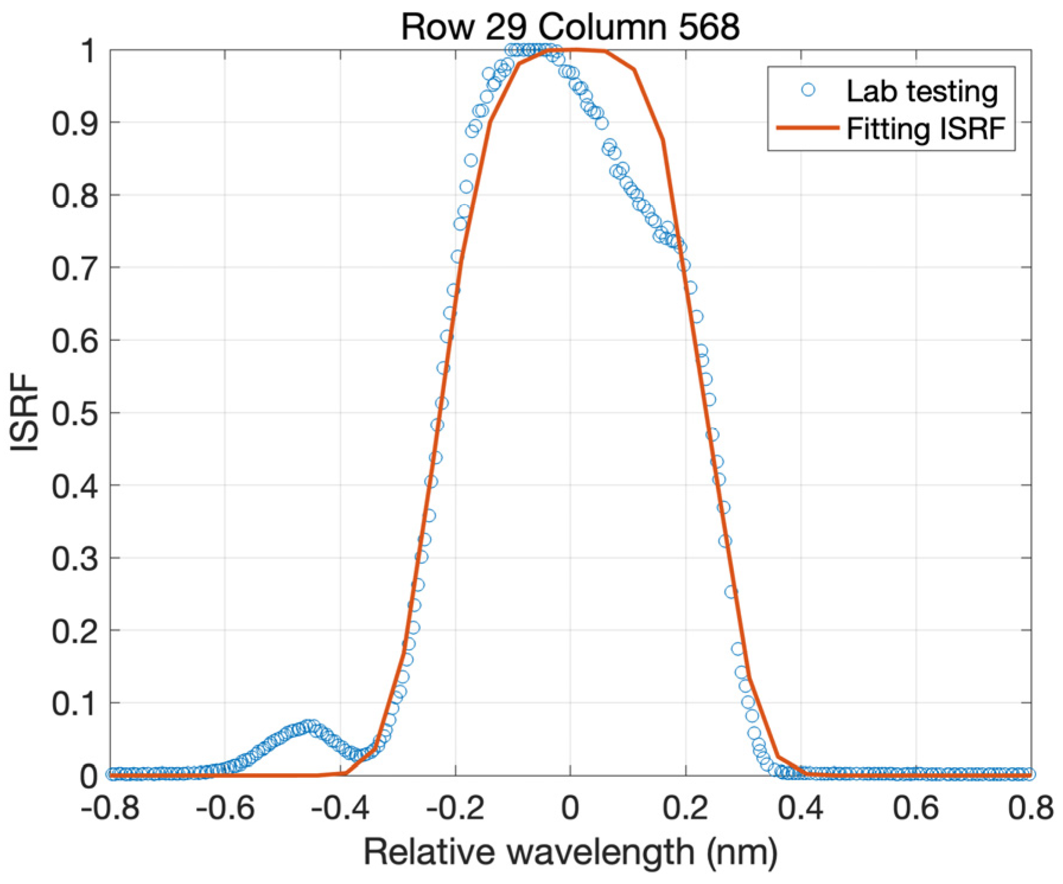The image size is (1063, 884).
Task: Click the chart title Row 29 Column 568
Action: tap(570, 26)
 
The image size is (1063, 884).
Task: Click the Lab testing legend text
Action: tap(922, 91)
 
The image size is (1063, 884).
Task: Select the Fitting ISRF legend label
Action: tap(925, 129)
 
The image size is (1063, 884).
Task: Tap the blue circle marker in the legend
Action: tap(807, 90)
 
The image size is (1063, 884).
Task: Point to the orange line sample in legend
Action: tap(807, 128)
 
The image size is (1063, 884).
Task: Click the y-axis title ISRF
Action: tap(25, 413)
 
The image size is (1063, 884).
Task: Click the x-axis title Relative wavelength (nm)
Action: tap(570, 852)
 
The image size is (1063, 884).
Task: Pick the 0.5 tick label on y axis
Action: tap(75, 413)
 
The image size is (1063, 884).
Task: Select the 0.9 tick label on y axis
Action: tap(75, 123)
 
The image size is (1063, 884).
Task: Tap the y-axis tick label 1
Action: tap(88, 51)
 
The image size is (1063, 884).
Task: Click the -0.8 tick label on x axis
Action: tap(110, 808)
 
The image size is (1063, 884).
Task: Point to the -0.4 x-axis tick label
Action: tap(340, 808)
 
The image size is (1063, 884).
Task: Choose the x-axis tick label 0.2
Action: tap(685, 808)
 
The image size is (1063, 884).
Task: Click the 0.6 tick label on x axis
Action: tap(915, 808)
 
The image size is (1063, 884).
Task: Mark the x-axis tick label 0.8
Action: tap(1030, 808)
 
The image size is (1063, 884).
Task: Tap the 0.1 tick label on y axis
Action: tap(75, 704)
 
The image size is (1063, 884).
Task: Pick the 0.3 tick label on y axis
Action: tap(75, 559)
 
